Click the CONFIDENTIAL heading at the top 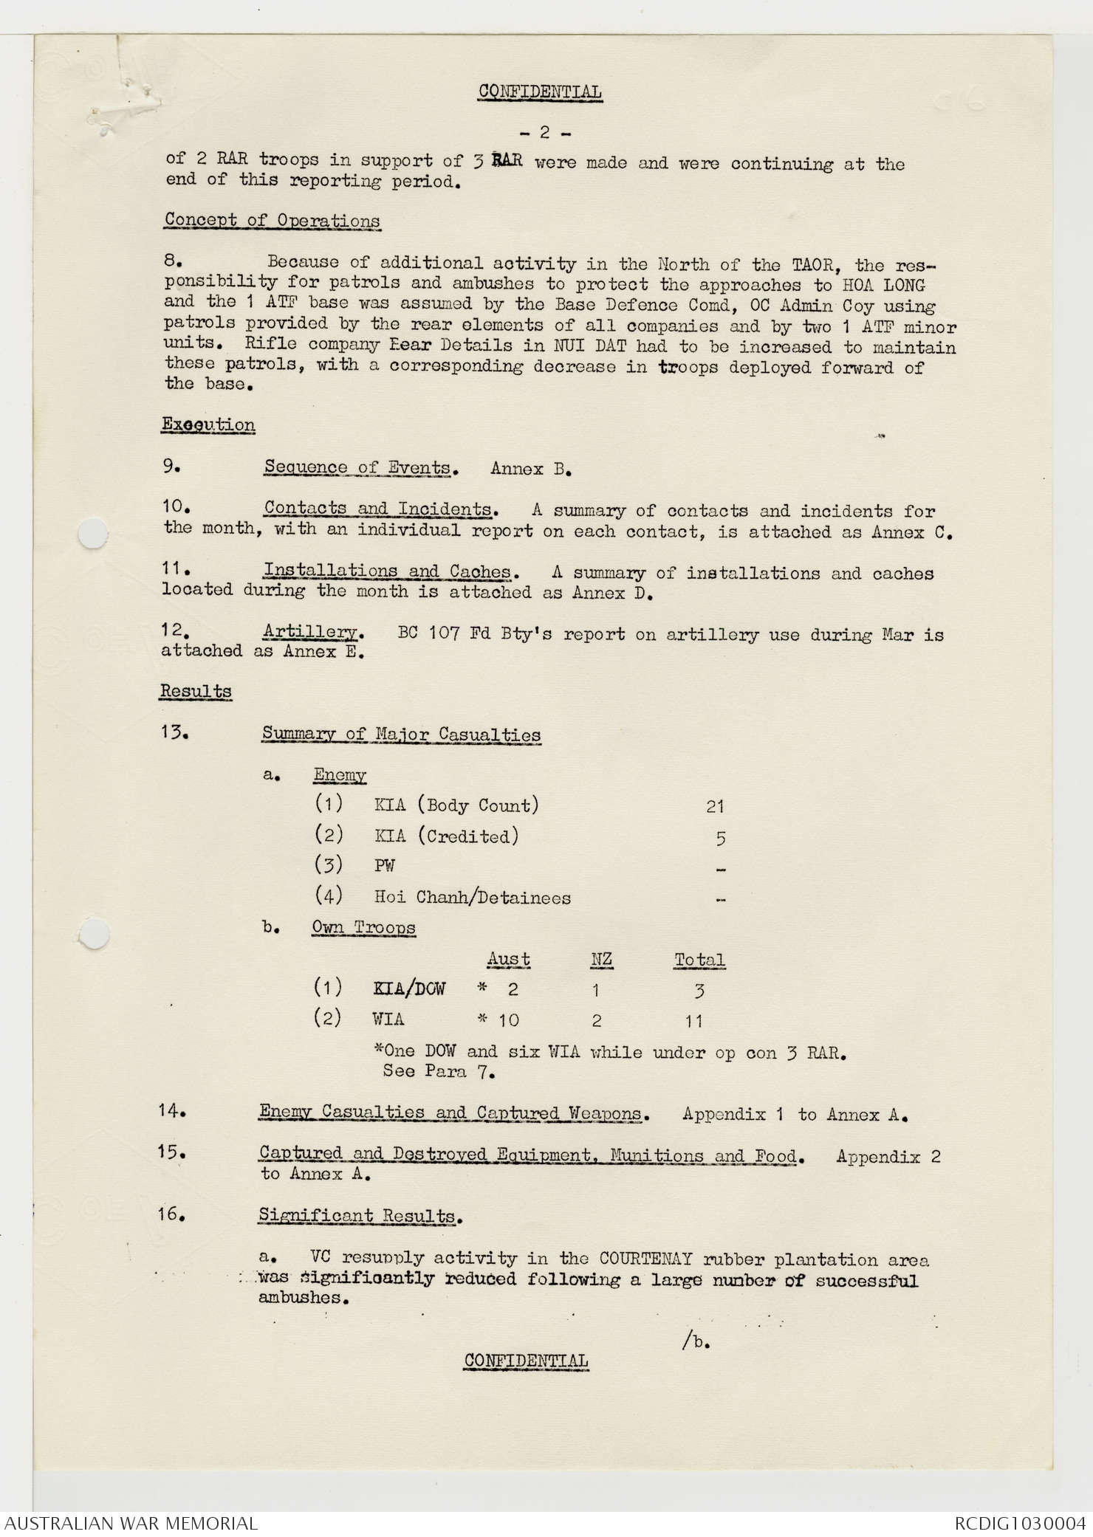click(539, 92)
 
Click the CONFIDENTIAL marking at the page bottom click(526, 1361)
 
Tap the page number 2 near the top click(544, 133)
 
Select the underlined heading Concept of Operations click(273, 220)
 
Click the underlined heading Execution click(208, 424)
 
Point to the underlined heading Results click(196, 692)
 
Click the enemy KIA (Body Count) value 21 click(715, 806)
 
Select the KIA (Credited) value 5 click(721, 838)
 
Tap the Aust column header click(508, 959)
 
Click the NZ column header click(601, 959)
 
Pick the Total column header click(699, 960)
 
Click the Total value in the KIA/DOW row click(699, 991)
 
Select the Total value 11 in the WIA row click(693, 1022)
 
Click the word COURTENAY click(645, 1259)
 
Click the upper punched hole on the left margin click(92, 533)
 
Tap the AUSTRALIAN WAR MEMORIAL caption click(131, 1523)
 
